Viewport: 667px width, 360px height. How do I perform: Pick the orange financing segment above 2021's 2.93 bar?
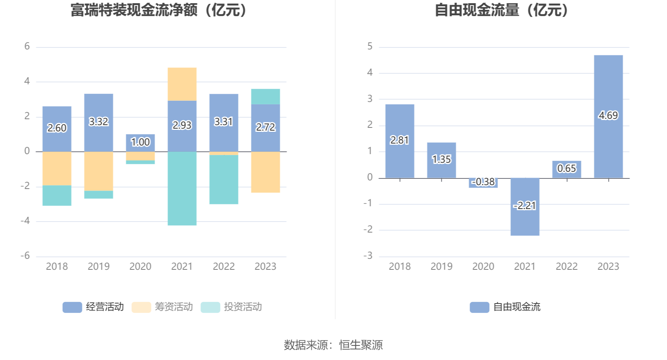182,84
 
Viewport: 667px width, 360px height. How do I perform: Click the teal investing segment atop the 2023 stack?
265,96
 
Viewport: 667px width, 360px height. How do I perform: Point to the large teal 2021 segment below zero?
182,188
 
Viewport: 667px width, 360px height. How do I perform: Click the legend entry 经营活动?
93,307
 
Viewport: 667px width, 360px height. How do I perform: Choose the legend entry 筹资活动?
162,307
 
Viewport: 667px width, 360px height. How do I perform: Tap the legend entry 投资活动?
231,307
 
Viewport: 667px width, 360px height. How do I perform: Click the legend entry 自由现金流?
505,307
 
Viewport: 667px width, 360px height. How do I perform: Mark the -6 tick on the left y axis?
26,256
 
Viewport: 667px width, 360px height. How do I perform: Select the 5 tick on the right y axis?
370,47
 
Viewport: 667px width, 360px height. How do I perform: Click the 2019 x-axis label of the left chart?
98,267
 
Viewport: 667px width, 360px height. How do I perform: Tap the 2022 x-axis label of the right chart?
567,267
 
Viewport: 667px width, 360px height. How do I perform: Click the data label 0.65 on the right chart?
567,169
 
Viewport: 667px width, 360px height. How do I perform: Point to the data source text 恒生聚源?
361,345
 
